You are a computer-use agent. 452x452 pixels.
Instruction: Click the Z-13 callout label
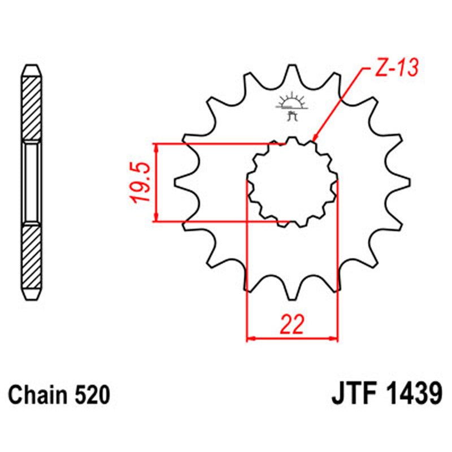pyautogui.click(x=395, y=68)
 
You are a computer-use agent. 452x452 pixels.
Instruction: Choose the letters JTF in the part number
pyautogui.click(x=352, y=394)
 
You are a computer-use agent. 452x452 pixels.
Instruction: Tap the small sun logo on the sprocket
pyautogui.click(x=292, y=104)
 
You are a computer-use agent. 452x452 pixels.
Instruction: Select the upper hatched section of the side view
pyautogui.click(x=32, y=105)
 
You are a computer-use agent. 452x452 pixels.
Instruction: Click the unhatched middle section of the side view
pyautogui.click(x=32, y=182)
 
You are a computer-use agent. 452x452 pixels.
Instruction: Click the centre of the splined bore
pyautogui.click(x=292, y=182)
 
